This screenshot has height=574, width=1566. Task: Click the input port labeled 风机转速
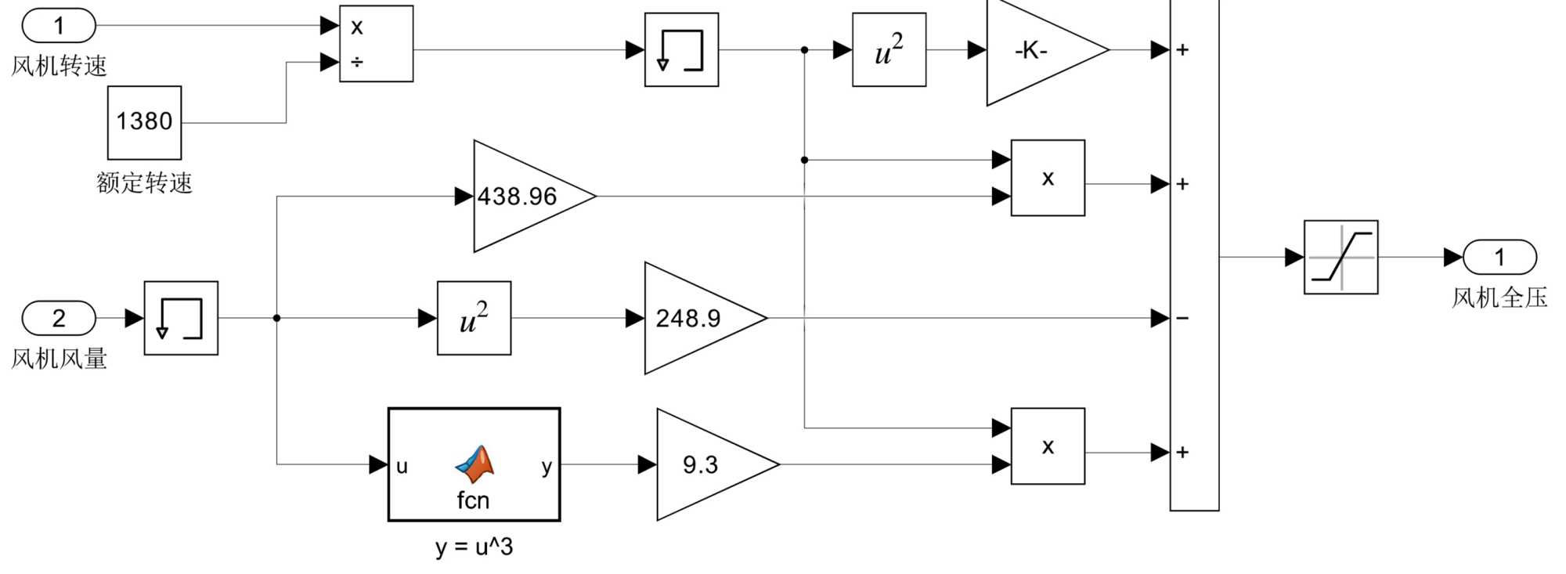click(x=59, y=26)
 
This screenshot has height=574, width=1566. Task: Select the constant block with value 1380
click(x=144, y=122)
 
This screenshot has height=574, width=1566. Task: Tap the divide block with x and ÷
click(x=376, y=44)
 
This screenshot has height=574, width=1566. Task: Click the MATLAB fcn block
click(x=474, y=464)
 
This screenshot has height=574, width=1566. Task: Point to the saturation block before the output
click(x=1340, y=257)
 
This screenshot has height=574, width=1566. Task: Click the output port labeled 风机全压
click(x=1499, y=257)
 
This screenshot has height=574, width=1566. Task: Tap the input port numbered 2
click(x=59, y=318)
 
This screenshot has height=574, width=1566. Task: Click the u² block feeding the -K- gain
click(x=889, y=50)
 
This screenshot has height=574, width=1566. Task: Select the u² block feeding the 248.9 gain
click(x=474, y=318)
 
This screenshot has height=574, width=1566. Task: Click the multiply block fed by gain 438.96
click(x=1048, y=178)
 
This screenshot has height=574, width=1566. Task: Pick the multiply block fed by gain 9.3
click(x=1048, y=446)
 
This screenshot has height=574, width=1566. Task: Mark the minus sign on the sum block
click(x=1182, y=318)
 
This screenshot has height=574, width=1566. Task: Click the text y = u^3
click(x=474, y=547)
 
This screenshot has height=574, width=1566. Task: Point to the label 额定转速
click(x=144, y=182)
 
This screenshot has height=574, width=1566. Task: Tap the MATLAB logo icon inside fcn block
click(x=475, y=464)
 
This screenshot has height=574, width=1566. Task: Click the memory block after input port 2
click(x=181, y=318)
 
